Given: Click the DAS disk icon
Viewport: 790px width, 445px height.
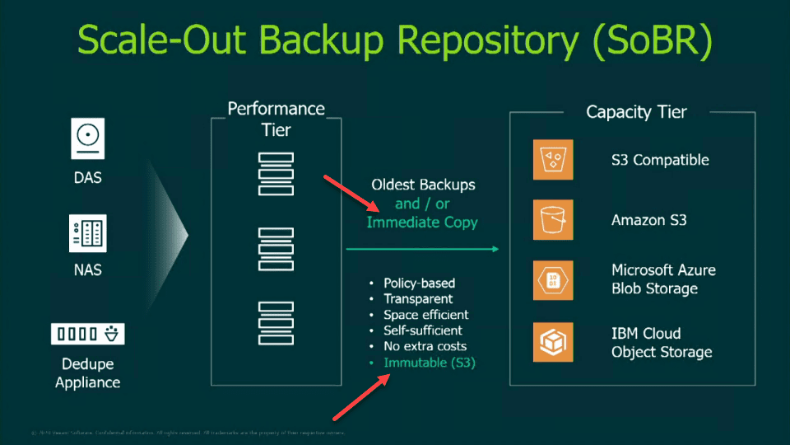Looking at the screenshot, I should tap(88, 139).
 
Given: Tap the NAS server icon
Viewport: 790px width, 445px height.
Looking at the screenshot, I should tap(88, 233).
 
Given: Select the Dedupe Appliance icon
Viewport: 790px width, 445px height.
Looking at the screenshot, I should tap(88, 334).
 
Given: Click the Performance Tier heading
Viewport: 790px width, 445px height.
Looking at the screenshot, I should tap(276, 119).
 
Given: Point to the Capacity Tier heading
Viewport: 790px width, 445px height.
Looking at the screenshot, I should tap(636, 112).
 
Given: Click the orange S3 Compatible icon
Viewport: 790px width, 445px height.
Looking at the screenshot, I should tap(552, 160).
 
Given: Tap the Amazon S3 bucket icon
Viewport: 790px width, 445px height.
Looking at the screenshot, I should tap(552, 220).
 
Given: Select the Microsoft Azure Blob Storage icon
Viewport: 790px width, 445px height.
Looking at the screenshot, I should tap(552, 279).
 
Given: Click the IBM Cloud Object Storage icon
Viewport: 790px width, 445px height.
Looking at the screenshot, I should tap(552, 342).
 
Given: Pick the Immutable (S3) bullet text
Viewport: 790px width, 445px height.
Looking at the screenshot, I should tap(430, 363).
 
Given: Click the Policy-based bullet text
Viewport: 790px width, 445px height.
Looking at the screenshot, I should tap(419, 283).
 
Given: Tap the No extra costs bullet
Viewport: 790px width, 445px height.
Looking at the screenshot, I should tap(425, 346).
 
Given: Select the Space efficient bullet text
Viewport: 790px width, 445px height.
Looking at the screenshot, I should tap(425, 315).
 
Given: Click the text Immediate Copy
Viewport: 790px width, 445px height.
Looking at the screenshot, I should tap(421, 222).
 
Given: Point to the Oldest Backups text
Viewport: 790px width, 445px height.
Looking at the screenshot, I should tap(423, 185).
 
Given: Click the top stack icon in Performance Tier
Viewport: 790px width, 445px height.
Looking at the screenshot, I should tap(276, 174).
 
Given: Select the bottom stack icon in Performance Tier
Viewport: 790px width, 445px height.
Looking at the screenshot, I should tap(276, 321).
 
